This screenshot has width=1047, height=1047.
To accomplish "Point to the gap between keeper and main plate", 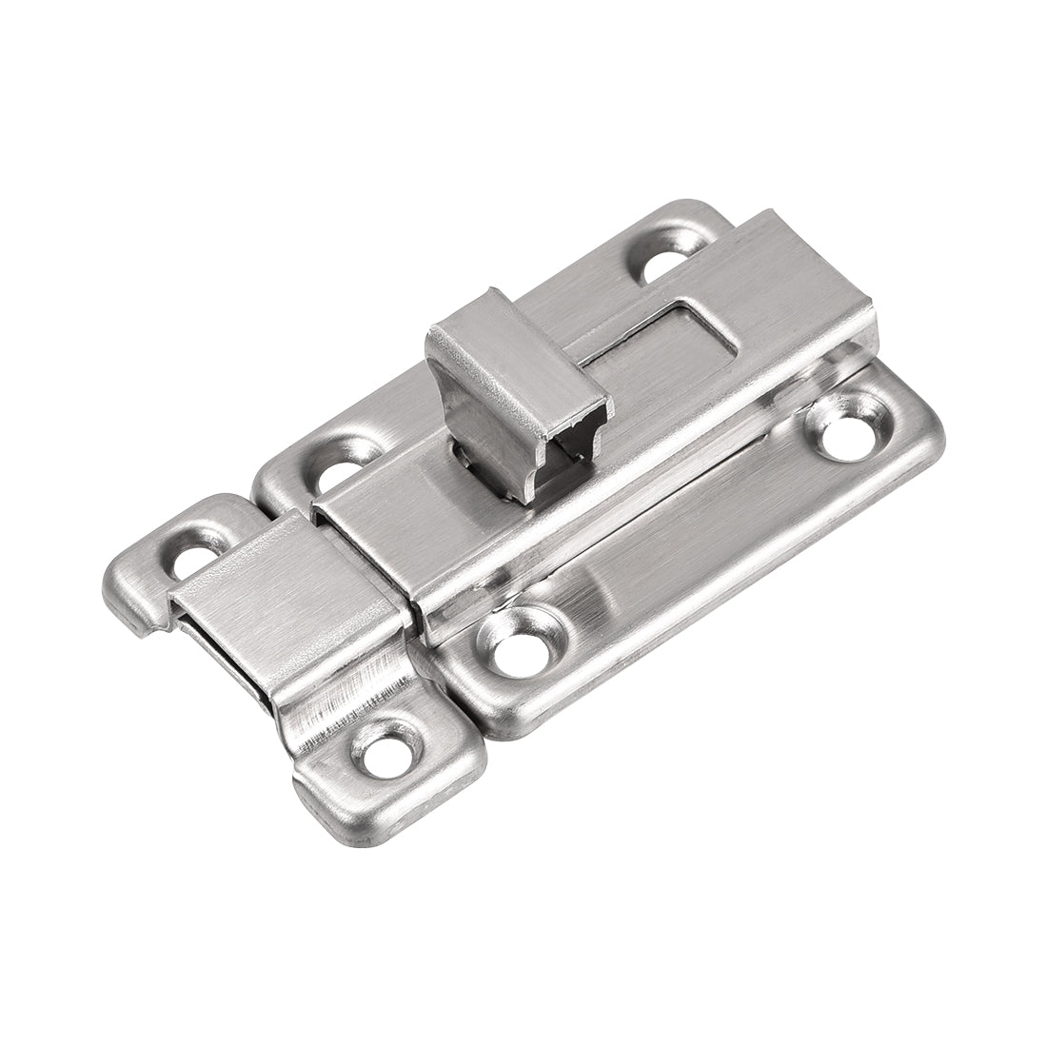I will pos(433,666).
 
